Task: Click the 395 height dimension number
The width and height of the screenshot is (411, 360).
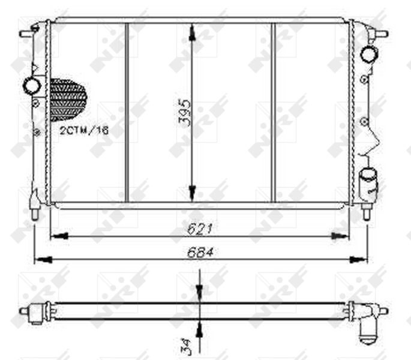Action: click(x=185, y=113)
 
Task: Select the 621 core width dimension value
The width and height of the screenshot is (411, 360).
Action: click(x=200, y=229)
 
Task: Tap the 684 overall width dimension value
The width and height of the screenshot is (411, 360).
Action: click(x=200, y=252)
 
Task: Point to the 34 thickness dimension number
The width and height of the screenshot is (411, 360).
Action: click(x=185, y=347)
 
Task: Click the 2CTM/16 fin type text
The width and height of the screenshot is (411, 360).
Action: click(x=84, y=130)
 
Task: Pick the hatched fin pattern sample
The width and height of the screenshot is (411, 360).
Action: click(x=68, y=100)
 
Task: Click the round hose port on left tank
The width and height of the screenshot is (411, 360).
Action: click(x=32, y=86)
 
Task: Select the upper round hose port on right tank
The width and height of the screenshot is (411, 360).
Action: click(x=370, y=54)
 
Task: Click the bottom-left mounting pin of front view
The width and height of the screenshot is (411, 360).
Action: click(x=34, y=213)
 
